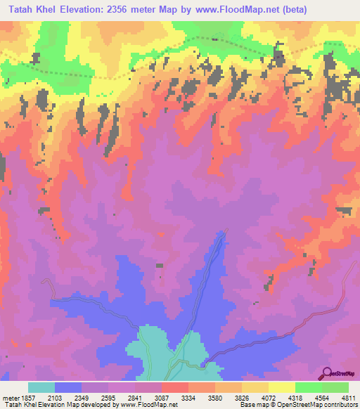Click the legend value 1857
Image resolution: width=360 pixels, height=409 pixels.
[x=27, y=397]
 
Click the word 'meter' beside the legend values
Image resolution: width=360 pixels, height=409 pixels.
[x=9, y=397]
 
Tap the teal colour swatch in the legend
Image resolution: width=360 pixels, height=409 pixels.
[x=41, y=387]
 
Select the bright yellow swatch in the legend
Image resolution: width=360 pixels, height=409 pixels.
[x=281, y=387]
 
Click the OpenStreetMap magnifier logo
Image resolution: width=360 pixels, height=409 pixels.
[x=326, y=373]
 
